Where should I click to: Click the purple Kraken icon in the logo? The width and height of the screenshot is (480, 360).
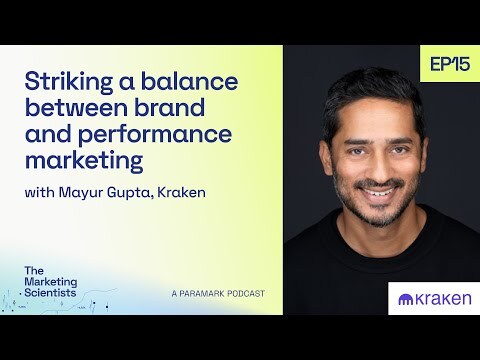[406, 298]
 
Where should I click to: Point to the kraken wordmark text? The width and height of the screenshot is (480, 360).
[440, 298]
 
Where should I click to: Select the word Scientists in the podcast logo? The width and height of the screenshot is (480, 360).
[51, 292]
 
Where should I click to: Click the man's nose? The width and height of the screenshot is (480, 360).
[377, 160]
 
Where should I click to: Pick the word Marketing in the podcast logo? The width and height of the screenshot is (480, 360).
[51, 281]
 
